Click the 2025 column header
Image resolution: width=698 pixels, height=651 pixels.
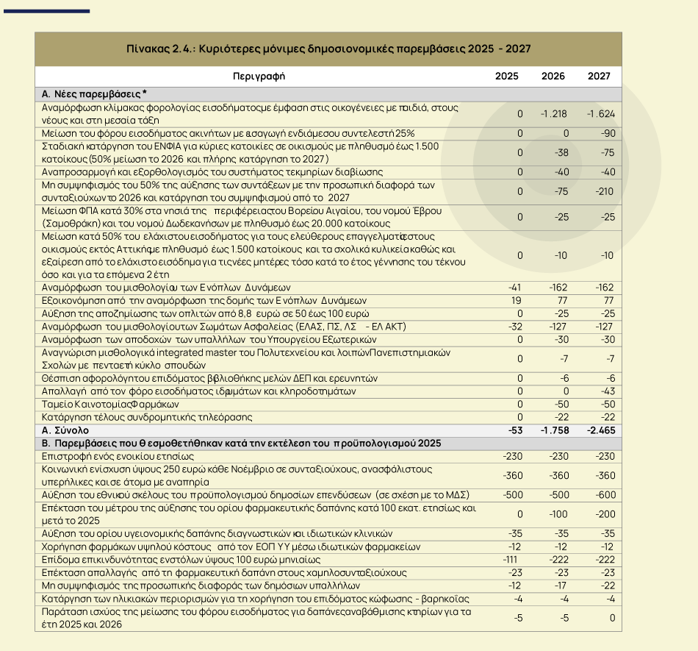pyautogui.click(x=506, y=77)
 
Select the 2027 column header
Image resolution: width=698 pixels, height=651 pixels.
pyautogui.click(x=599, y=77)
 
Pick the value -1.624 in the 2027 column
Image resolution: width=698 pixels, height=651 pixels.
pyautogui.click(x=600, y=113)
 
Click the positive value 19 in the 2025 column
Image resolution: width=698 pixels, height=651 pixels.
pyautogui.click(x=517, y=300)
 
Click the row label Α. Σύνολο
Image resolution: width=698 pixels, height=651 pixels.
pyautogui.click(x=65, y=430)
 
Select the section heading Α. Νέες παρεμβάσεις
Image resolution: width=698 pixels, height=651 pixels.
pyautogui.click(x=94, y=94)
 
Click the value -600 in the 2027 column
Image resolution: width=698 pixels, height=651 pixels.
pyautogui.click(x=604, y=494)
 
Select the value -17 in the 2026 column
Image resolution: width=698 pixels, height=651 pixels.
pyautogui.click(x=560, y=586)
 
